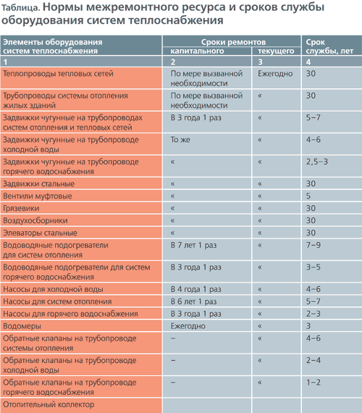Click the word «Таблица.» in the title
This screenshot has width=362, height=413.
(x=20, y=8)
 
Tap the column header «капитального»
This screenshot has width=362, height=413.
(x=197, y=51)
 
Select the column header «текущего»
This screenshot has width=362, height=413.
(x=276, y=51)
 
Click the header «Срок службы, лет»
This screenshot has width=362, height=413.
(x=329, y=46)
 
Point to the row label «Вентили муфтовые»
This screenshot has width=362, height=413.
(x=38, y=196)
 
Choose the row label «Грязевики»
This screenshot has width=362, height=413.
(x=21, y=209)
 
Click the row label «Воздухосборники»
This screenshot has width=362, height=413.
(x=35, y=220)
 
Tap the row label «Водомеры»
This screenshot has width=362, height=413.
(x=22, y=326)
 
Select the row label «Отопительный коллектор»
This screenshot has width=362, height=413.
(x=49, y=404)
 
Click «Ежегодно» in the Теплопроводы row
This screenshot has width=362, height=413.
(x=275, y=73)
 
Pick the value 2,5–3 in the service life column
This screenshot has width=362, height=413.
(x=316, y=162)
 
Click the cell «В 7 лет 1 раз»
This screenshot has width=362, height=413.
(x=193, y=245)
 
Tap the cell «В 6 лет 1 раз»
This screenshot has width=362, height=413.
(x=193, y=301)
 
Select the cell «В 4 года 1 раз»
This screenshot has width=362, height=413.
(x=196, y=289)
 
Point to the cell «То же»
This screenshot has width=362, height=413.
(x=180, y=140)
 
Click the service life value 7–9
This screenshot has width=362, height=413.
(x=313, y=245)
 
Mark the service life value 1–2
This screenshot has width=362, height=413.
(x=313, y=382)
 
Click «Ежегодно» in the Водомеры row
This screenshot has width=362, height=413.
(x=188, y=326)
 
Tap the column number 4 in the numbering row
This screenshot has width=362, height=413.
(x=308, y=62)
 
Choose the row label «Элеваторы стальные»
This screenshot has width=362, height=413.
(x=40, y=233)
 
